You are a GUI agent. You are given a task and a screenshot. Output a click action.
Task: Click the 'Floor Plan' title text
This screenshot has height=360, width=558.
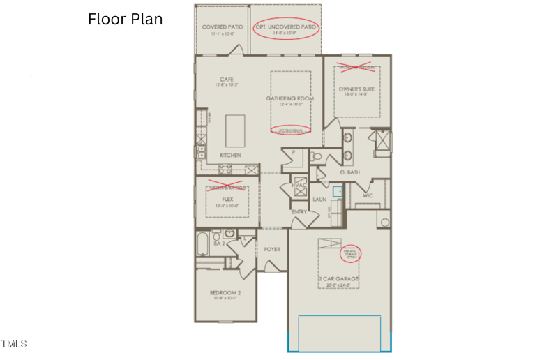[x=126, y=19]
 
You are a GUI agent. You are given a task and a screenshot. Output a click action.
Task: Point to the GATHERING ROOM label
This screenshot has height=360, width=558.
[x=285, y=98]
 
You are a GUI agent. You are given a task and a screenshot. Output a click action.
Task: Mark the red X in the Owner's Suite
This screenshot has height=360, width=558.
[x=356, y=67]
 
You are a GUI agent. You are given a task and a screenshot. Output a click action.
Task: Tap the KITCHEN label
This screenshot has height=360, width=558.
[x=230, y=155]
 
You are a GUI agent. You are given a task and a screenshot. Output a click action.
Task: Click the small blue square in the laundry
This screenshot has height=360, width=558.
[x=338, y=190]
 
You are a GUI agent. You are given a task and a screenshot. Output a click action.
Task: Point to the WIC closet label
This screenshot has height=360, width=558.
[x=368, y=195]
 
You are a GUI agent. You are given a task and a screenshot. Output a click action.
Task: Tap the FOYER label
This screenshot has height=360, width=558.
[x=272, y=249]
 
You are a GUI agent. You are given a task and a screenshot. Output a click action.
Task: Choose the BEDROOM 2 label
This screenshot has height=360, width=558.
[x=225, y=293]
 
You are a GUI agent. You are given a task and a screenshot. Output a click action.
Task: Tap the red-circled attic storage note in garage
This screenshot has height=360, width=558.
[x=352, y=253]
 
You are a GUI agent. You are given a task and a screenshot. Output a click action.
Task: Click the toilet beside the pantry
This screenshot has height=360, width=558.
[x=316, y=157]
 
